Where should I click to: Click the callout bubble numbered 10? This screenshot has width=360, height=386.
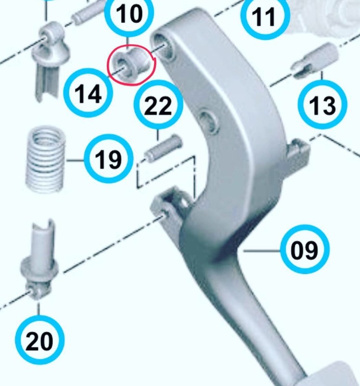pos(129,13)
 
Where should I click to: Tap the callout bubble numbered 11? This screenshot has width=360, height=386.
pos(265,16)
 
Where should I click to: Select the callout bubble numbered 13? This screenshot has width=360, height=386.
pos(322,105)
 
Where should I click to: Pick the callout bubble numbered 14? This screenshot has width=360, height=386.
pos(88,93)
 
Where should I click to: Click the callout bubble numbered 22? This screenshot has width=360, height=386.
pos(158,105)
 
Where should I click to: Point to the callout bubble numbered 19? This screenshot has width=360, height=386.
pos(108,159)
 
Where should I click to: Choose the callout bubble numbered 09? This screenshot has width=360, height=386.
pos(305,249)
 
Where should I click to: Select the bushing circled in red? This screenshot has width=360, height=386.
pos(130,65)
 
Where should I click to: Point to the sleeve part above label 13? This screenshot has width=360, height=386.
pos(315,60)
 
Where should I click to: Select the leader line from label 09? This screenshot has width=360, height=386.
pos(262,251)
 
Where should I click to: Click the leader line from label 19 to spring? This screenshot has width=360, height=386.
pos(75,160)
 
